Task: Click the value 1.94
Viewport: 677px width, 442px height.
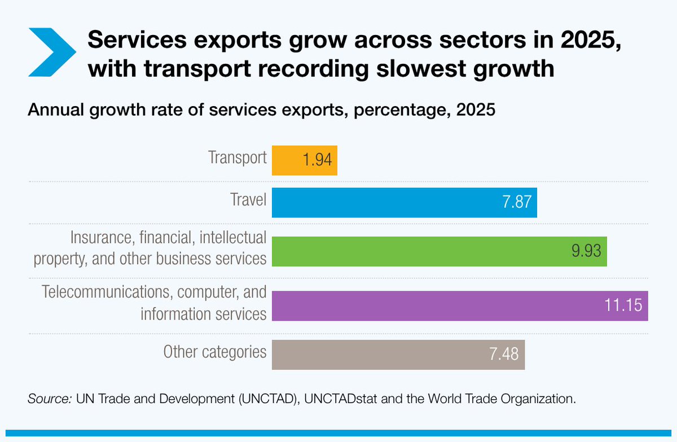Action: (316, 161)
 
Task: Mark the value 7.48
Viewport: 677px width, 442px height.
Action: (504, 355)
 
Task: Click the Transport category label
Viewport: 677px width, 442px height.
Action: (237, 157)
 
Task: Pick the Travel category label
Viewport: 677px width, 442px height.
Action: (249, 199)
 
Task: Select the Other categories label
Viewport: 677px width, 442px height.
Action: (214, 352)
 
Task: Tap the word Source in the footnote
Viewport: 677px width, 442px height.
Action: (49, 399)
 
